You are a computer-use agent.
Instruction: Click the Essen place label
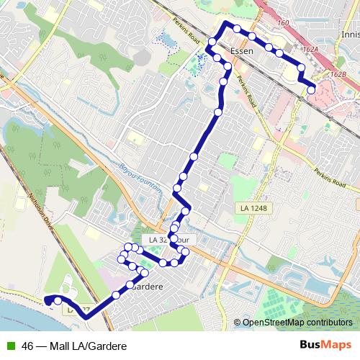tap(244, 51)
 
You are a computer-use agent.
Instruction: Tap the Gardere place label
tap(147, 286)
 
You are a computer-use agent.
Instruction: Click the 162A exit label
tap(310, 50)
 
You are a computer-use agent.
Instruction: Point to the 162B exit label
tap(338, 73)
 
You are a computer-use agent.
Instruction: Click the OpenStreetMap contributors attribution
tap(297, 323)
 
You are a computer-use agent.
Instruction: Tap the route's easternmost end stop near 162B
tap(311, 90)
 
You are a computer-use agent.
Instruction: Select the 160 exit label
tap(283, 24)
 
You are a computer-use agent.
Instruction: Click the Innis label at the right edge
tap(351, 34)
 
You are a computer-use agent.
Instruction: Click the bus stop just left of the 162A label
tap(279, 53)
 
